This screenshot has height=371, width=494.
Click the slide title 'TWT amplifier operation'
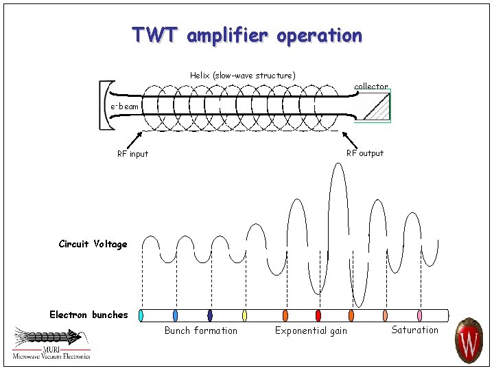pos(247,34)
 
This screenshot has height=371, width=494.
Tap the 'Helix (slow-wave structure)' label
pos(242,75)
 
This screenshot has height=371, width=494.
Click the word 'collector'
pos(370,87)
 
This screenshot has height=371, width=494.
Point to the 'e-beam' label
pos(125,106)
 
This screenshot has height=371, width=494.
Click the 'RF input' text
pos(132,154)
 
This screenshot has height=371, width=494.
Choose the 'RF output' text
pos(364,153)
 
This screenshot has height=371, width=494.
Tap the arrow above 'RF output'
pos(350,137)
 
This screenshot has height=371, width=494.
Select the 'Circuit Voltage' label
pos(93,244)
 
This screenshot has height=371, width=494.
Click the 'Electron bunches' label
pos(89,315)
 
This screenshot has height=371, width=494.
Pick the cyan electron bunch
pos(141,315)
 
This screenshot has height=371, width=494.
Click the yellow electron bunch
pos(244,315)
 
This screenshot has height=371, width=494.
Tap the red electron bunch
pos(318,315)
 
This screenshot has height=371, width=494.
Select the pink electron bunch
pos(419,315)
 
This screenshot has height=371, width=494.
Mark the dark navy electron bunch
pos(209,315)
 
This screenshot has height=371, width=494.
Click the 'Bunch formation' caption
pos(201,330)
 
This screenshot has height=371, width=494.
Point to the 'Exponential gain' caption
pos(311,331)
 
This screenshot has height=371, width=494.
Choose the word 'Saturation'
pos(414,330)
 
